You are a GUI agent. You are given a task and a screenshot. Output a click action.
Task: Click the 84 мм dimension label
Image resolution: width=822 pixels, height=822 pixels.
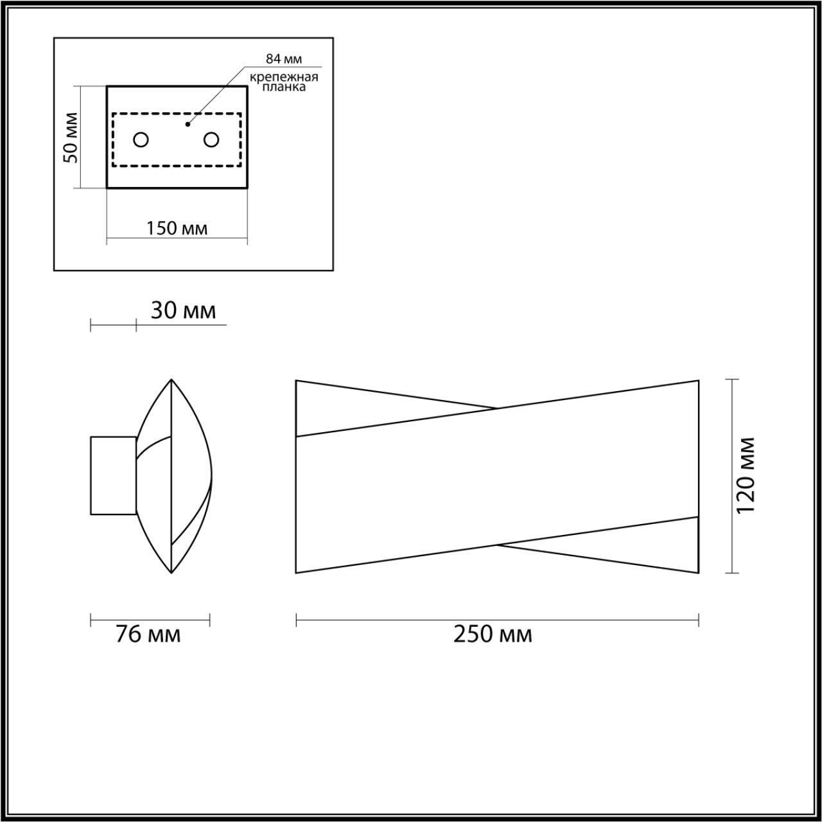tap(284, 59)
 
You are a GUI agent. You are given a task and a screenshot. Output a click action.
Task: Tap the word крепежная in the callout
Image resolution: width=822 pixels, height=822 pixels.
tap(284, 78)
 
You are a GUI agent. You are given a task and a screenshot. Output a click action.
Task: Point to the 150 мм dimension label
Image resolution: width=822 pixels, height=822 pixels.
tap(177, 228)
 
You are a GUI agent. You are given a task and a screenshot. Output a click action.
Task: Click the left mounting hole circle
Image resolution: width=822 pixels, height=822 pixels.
tap(141, 139)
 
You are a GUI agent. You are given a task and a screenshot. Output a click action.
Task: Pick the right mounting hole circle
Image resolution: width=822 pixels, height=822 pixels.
tap(211, 139)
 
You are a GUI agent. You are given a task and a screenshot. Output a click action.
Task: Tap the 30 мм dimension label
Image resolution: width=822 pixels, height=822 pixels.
tap(183, 311)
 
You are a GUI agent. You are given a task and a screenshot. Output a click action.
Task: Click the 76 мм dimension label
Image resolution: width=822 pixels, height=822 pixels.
tap(148, 634)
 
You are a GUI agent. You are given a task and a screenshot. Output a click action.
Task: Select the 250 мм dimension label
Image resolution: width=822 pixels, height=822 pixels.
tap(493, 634)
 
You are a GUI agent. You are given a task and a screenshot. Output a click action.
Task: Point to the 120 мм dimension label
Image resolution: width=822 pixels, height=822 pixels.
tap(746, 475)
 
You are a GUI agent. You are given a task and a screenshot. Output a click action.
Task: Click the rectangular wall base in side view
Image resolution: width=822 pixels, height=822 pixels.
tap(113, 475)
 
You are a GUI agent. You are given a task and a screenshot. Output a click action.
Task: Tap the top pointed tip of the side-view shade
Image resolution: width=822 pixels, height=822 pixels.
tap(171, 380)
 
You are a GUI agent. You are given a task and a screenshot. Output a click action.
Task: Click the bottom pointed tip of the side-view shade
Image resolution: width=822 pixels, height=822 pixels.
tap(171, 572)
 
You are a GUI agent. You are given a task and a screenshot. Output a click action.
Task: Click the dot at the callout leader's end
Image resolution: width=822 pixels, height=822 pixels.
tap(188, 124)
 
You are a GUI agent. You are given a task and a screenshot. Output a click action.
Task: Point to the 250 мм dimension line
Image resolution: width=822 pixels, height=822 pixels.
tap(497, 620)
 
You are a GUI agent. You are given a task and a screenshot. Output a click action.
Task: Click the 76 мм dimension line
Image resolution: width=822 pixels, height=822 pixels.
tap(150, 620)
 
